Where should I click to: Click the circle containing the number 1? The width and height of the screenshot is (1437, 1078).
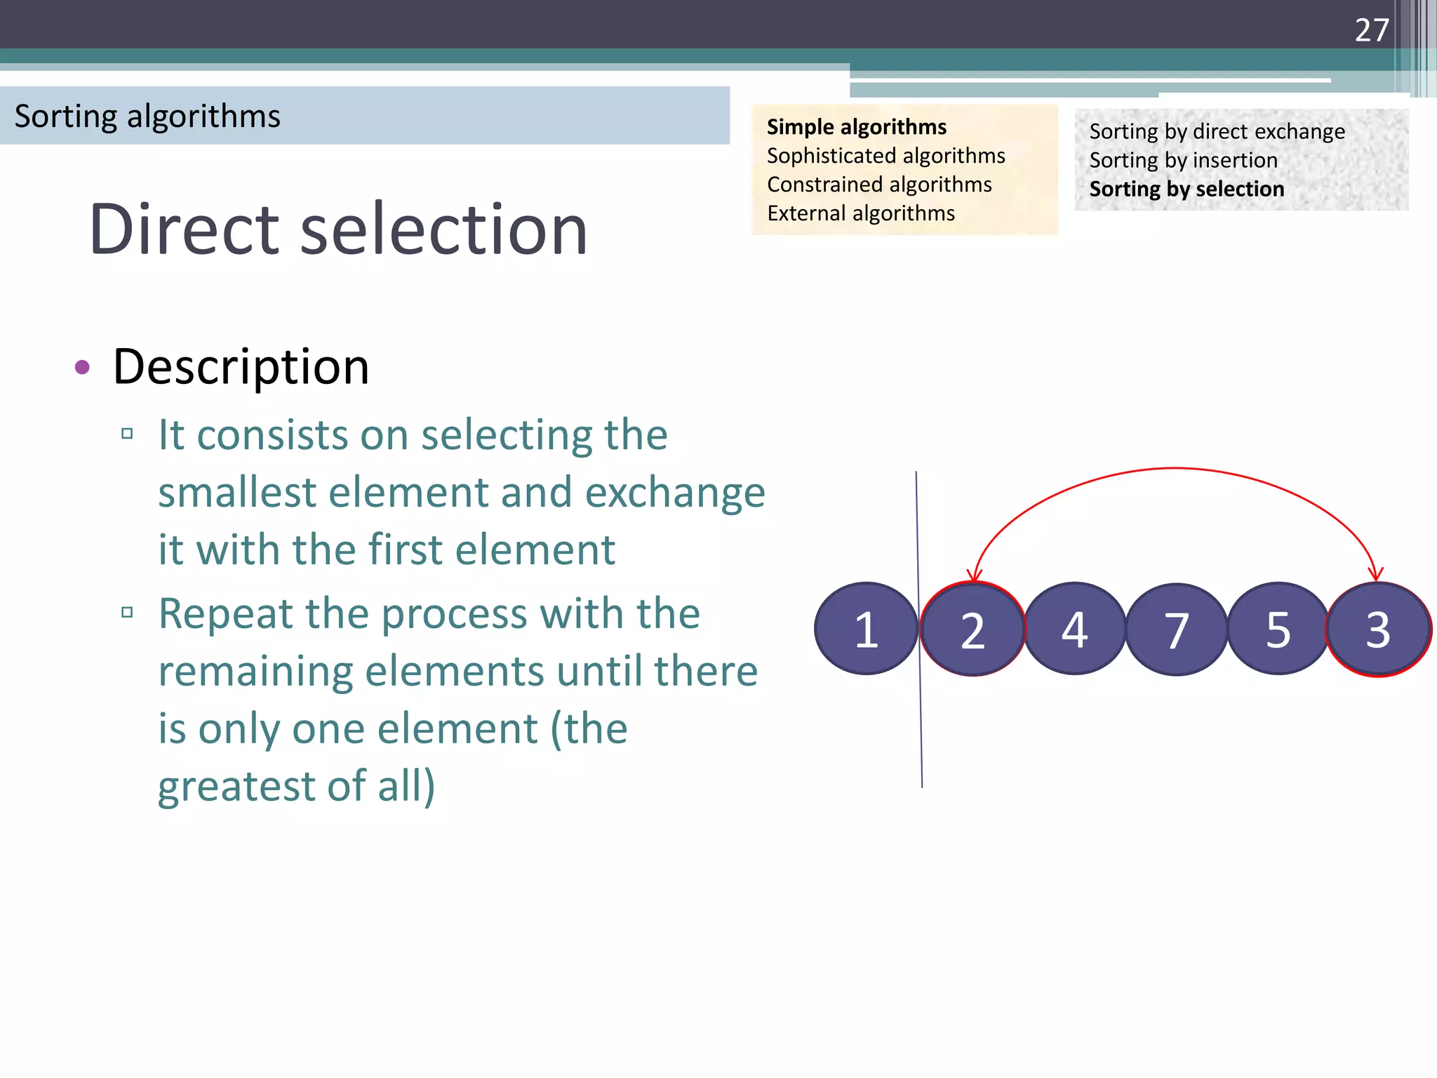[x=866, y=629]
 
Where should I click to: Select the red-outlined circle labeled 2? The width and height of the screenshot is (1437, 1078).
[x=973, y=629]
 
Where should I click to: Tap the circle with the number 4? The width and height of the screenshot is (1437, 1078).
[x=1074, y=629]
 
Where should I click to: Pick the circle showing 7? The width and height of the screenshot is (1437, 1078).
[x=1177, y=630]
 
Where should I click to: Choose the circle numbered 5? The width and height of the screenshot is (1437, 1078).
[x=1278, y=629]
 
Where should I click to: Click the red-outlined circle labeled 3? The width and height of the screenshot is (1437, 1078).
[x=1378, y=630]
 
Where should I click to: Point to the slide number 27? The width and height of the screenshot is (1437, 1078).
[x=1371, y=30]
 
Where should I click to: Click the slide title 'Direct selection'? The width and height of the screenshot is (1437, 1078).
[x=338, y=229]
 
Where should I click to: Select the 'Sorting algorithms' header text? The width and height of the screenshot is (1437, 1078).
[x=147, y=116]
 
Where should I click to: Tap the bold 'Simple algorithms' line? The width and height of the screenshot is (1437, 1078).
[x=856, y=127]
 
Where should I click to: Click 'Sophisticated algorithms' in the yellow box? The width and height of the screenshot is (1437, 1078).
[x=885, y=156]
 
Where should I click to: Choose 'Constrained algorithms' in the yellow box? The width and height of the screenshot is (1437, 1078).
[x=879, y=185]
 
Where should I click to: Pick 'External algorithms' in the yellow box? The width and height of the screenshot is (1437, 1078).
[x=861, y=213]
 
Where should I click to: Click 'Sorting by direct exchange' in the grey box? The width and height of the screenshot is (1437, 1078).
[x=1217, y=132]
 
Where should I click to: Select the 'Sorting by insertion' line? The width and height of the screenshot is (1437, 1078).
[x=1183, y=161]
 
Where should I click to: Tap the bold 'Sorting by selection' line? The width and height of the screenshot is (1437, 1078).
[x=1187, y=189]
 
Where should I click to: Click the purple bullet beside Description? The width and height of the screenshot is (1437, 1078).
[x=82, y=367]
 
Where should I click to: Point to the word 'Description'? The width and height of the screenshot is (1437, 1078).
[x=241, y=367]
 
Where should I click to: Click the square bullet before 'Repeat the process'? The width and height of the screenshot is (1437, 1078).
[x=127, y=612]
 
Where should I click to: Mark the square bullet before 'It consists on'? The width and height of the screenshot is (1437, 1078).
[x=127, y=433]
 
